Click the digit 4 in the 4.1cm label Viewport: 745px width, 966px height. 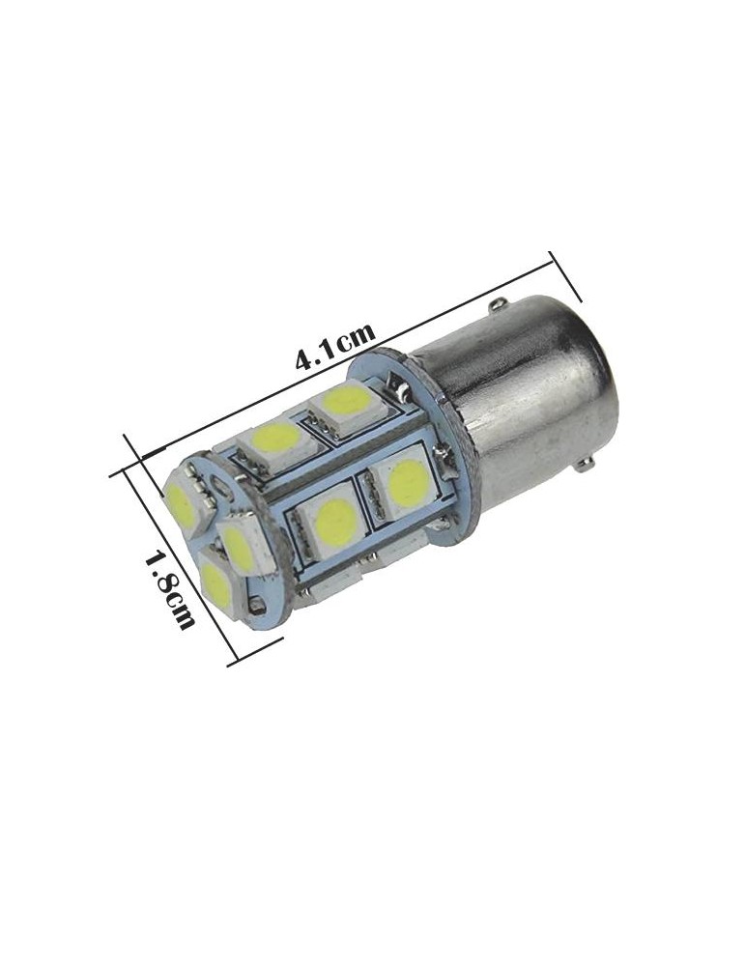[x=305, y=359]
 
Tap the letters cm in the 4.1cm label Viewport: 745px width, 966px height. [x=358, y=334]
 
